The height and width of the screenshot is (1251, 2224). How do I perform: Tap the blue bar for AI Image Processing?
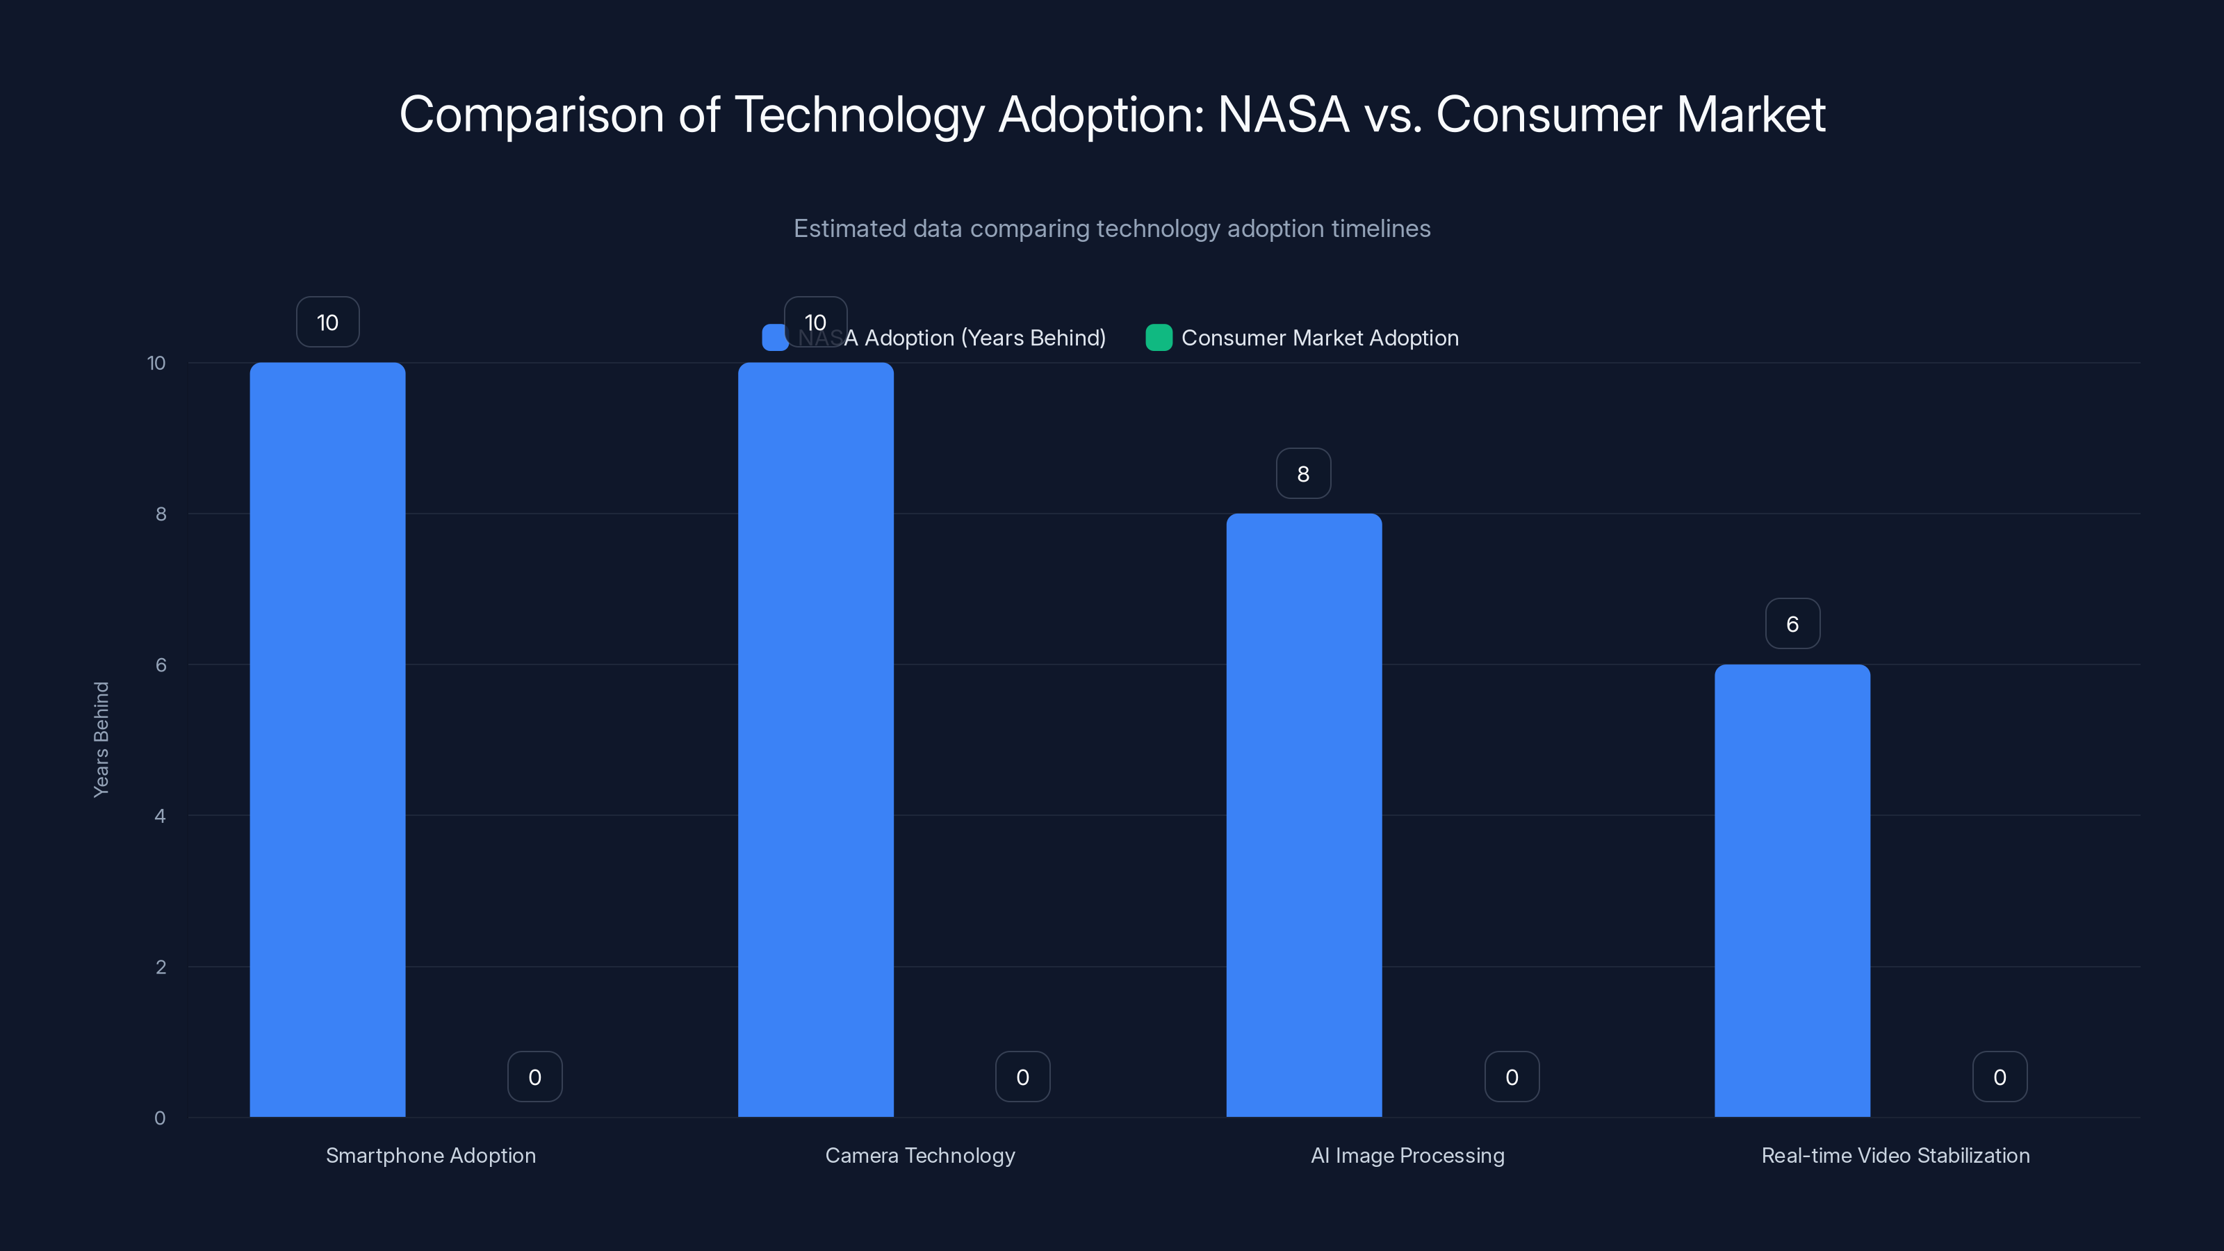tap(1304, 815)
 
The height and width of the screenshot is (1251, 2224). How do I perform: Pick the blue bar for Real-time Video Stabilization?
tap(1792, 890)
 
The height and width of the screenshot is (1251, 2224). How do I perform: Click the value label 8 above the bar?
tap(1304, 473)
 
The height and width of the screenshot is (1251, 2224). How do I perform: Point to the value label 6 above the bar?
tap(1792, 623)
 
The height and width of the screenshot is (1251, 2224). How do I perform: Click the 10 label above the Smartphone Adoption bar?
tap(327, 322)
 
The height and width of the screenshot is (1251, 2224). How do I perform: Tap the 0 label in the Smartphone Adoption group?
tap(534, 1077)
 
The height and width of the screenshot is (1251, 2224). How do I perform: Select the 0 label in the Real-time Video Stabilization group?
tap(2000, 1077)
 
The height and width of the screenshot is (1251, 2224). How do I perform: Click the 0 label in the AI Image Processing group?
tap(1512, 1077)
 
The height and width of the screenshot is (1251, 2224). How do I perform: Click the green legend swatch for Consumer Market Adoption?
tap(1159, 338)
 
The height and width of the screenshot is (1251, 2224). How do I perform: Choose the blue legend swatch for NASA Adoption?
tap(774, 338)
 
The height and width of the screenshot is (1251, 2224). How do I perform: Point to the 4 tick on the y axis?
tap(161, 816)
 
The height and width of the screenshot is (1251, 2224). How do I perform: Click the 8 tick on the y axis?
tap(161, 514)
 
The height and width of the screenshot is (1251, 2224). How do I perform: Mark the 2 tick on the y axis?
tap(161, 967)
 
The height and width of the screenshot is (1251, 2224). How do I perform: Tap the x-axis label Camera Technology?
tap(919, 1155)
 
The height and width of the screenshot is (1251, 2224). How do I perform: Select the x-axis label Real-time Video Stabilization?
tap(1895, 1155)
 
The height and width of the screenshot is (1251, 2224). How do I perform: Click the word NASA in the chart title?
tap(1283, 114)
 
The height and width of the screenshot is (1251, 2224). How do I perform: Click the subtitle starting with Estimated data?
tap(1112, 228)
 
